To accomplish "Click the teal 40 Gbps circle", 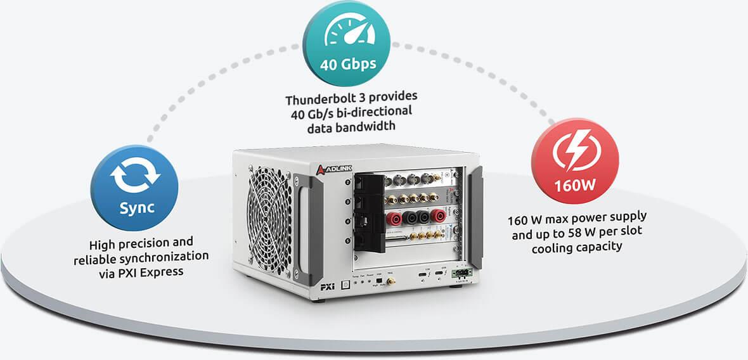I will pyautogui.click(x=348, y=45).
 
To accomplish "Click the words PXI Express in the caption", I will pyautogui.click(x=159, y=272).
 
